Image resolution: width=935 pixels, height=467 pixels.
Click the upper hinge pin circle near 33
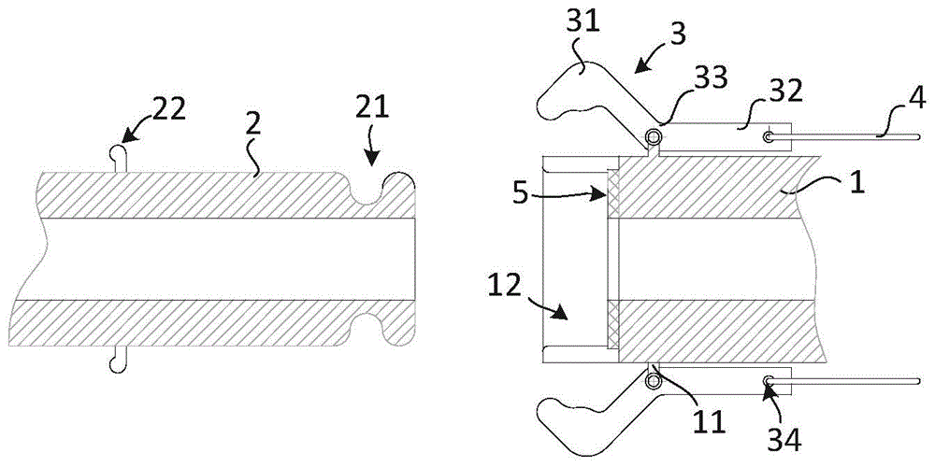point(654,138)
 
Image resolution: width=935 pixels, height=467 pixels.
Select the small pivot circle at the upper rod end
point(769,137)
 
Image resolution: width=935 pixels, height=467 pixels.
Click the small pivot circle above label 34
point(769,380)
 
